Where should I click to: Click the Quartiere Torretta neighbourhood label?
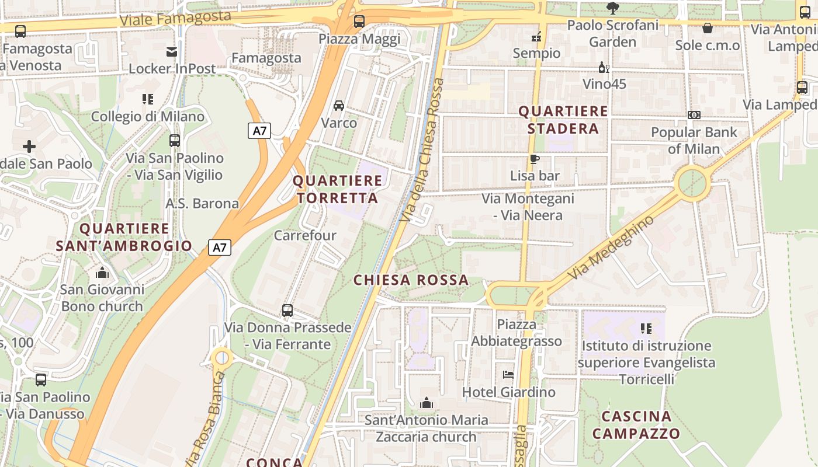[x=337, y=189]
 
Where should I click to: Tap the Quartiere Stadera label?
[x=563, y=120]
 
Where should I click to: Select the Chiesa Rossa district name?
[x=411, y=280]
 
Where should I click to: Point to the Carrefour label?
[x=305, y=235]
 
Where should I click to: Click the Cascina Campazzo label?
[x=636, y=425]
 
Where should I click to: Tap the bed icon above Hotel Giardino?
[x=508, y=374]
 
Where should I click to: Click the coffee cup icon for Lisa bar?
[x=534, y=159]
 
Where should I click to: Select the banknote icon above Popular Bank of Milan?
[x=694, y=115]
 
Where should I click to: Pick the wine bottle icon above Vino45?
[x=604, y=68]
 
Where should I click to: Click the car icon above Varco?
[x=338, y=106]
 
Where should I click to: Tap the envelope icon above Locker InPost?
[x=172, y=52]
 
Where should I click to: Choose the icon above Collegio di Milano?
[x=147, y=99]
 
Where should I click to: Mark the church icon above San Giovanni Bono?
[x=102, y=272]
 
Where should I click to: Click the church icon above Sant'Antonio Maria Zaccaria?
[x=427, y=403]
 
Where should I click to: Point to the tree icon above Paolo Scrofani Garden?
[x=612, y=8]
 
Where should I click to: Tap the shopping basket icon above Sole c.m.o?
[x=707, y=28]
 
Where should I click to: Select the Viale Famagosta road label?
[x=175, y=18]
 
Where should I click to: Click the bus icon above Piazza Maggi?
[x=359, y=22]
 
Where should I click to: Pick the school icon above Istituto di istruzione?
[x=646, y=329]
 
